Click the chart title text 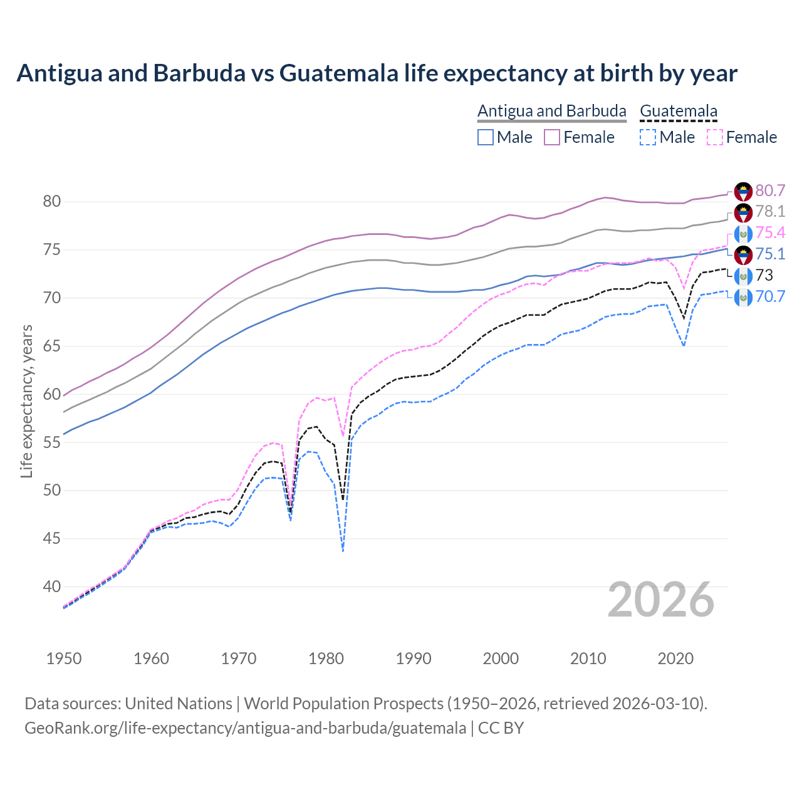(x=377, y=73)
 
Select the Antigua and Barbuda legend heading (x=551, y=111)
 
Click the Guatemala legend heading (x=679, y=111)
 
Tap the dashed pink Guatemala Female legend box (x=714, y=137)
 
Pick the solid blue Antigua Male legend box (x=486, y=137)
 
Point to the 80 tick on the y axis (x=52, y=202)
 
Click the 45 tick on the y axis (x=52, y=539)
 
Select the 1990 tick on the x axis (x=414, y=659)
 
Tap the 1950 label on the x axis (x=64, y=659)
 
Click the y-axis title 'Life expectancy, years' (x=26, y=401)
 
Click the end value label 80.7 (x=770, y=190)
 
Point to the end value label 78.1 (x=770, y=212)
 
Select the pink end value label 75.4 (x=770, y=233)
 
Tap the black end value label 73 (x=764, y=276)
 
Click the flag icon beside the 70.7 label (x=743, y=297)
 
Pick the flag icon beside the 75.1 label (x=743, y=254)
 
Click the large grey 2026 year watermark (x=661, y=600)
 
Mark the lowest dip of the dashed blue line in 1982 (x=343, y=550)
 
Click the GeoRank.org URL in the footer (x=245, y=728)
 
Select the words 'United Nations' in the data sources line (x=179, y=704)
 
